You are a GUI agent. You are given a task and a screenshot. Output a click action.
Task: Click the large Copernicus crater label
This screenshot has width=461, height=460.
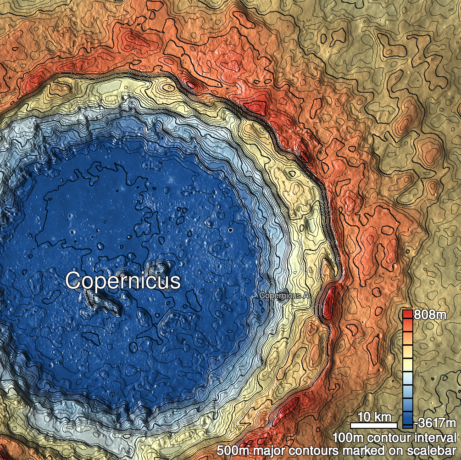[123, 280]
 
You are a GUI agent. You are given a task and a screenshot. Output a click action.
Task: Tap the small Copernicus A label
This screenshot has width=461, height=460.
[283, 296]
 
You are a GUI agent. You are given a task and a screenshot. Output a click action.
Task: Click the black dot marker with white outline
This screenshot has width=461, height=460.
[230, 230]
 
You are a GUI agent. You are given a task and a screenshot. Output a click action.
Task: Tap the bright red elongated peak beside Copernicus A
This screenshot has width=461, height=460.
[328, 303]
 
